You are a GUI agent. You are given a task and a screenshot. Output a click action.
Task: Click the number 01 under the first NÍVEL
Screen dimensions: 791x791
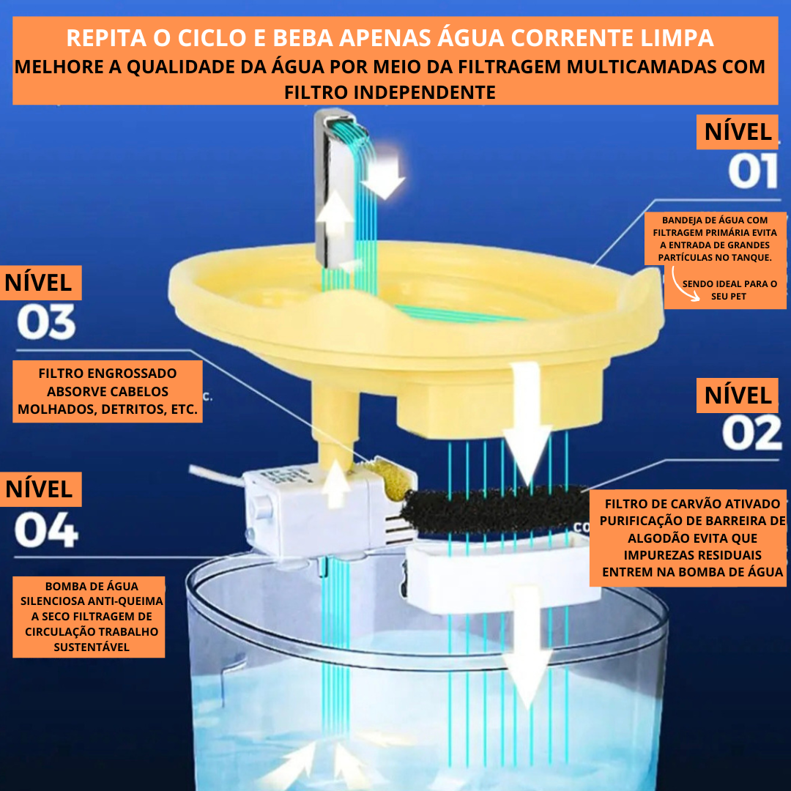753,171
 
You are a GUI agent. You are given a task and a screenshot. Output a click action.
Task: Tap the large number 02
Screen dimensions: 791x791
751,433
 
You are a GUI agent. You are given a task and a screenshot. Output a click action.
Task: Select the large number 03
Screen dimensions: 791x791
46,322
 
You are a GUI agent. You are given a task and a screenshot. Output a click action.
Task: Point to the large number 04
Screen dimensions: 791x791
46,530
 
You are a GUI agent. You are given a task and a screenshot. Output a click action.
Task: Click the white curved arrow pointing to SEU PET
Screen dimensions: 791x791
684,285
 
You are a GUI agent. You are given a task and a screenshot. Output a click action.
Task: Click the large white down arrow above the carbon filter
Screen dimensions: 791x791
527,424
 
